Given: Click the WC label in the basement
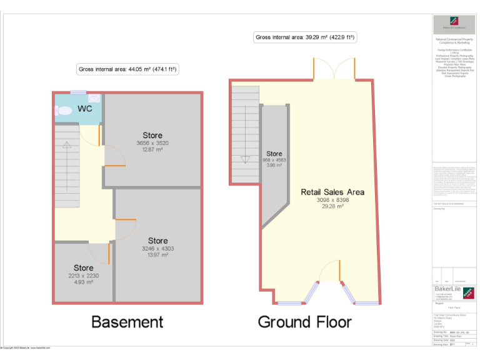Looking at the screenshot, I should tap(84, 109).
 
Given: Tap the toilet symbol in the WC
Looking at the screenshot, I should tap(64, 110).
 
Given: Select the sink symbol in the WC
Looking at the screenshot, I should tap(94, 99).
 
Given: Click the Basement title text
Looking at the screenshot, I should tap(127, 322).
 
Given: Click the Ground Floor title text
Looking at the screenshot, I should tap(304, 322).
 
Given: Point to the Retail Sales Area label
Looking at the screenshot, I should tap(332, 192).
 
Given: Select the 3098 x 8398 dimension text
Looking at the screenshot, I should tap(332, 199).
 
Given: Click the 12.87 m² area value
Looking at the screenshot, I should tap(152, 149).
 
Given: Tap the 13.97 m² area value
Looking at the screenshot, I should tap(157, 254).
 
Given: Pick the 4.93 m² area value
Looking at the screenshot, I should tap(84, 282).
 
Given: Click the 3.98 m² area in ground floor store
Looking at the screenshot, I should tap(274, 166).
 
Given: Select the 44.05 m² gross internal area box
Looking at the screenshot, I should tap(127, 69).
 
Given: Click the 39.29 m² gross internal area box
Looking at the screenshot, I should tap(305, 37).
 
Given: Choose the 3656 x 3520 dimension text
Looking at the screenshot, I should tap(152, 143).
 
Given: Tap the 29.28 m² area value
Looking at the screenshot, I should tap(332, 206).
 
